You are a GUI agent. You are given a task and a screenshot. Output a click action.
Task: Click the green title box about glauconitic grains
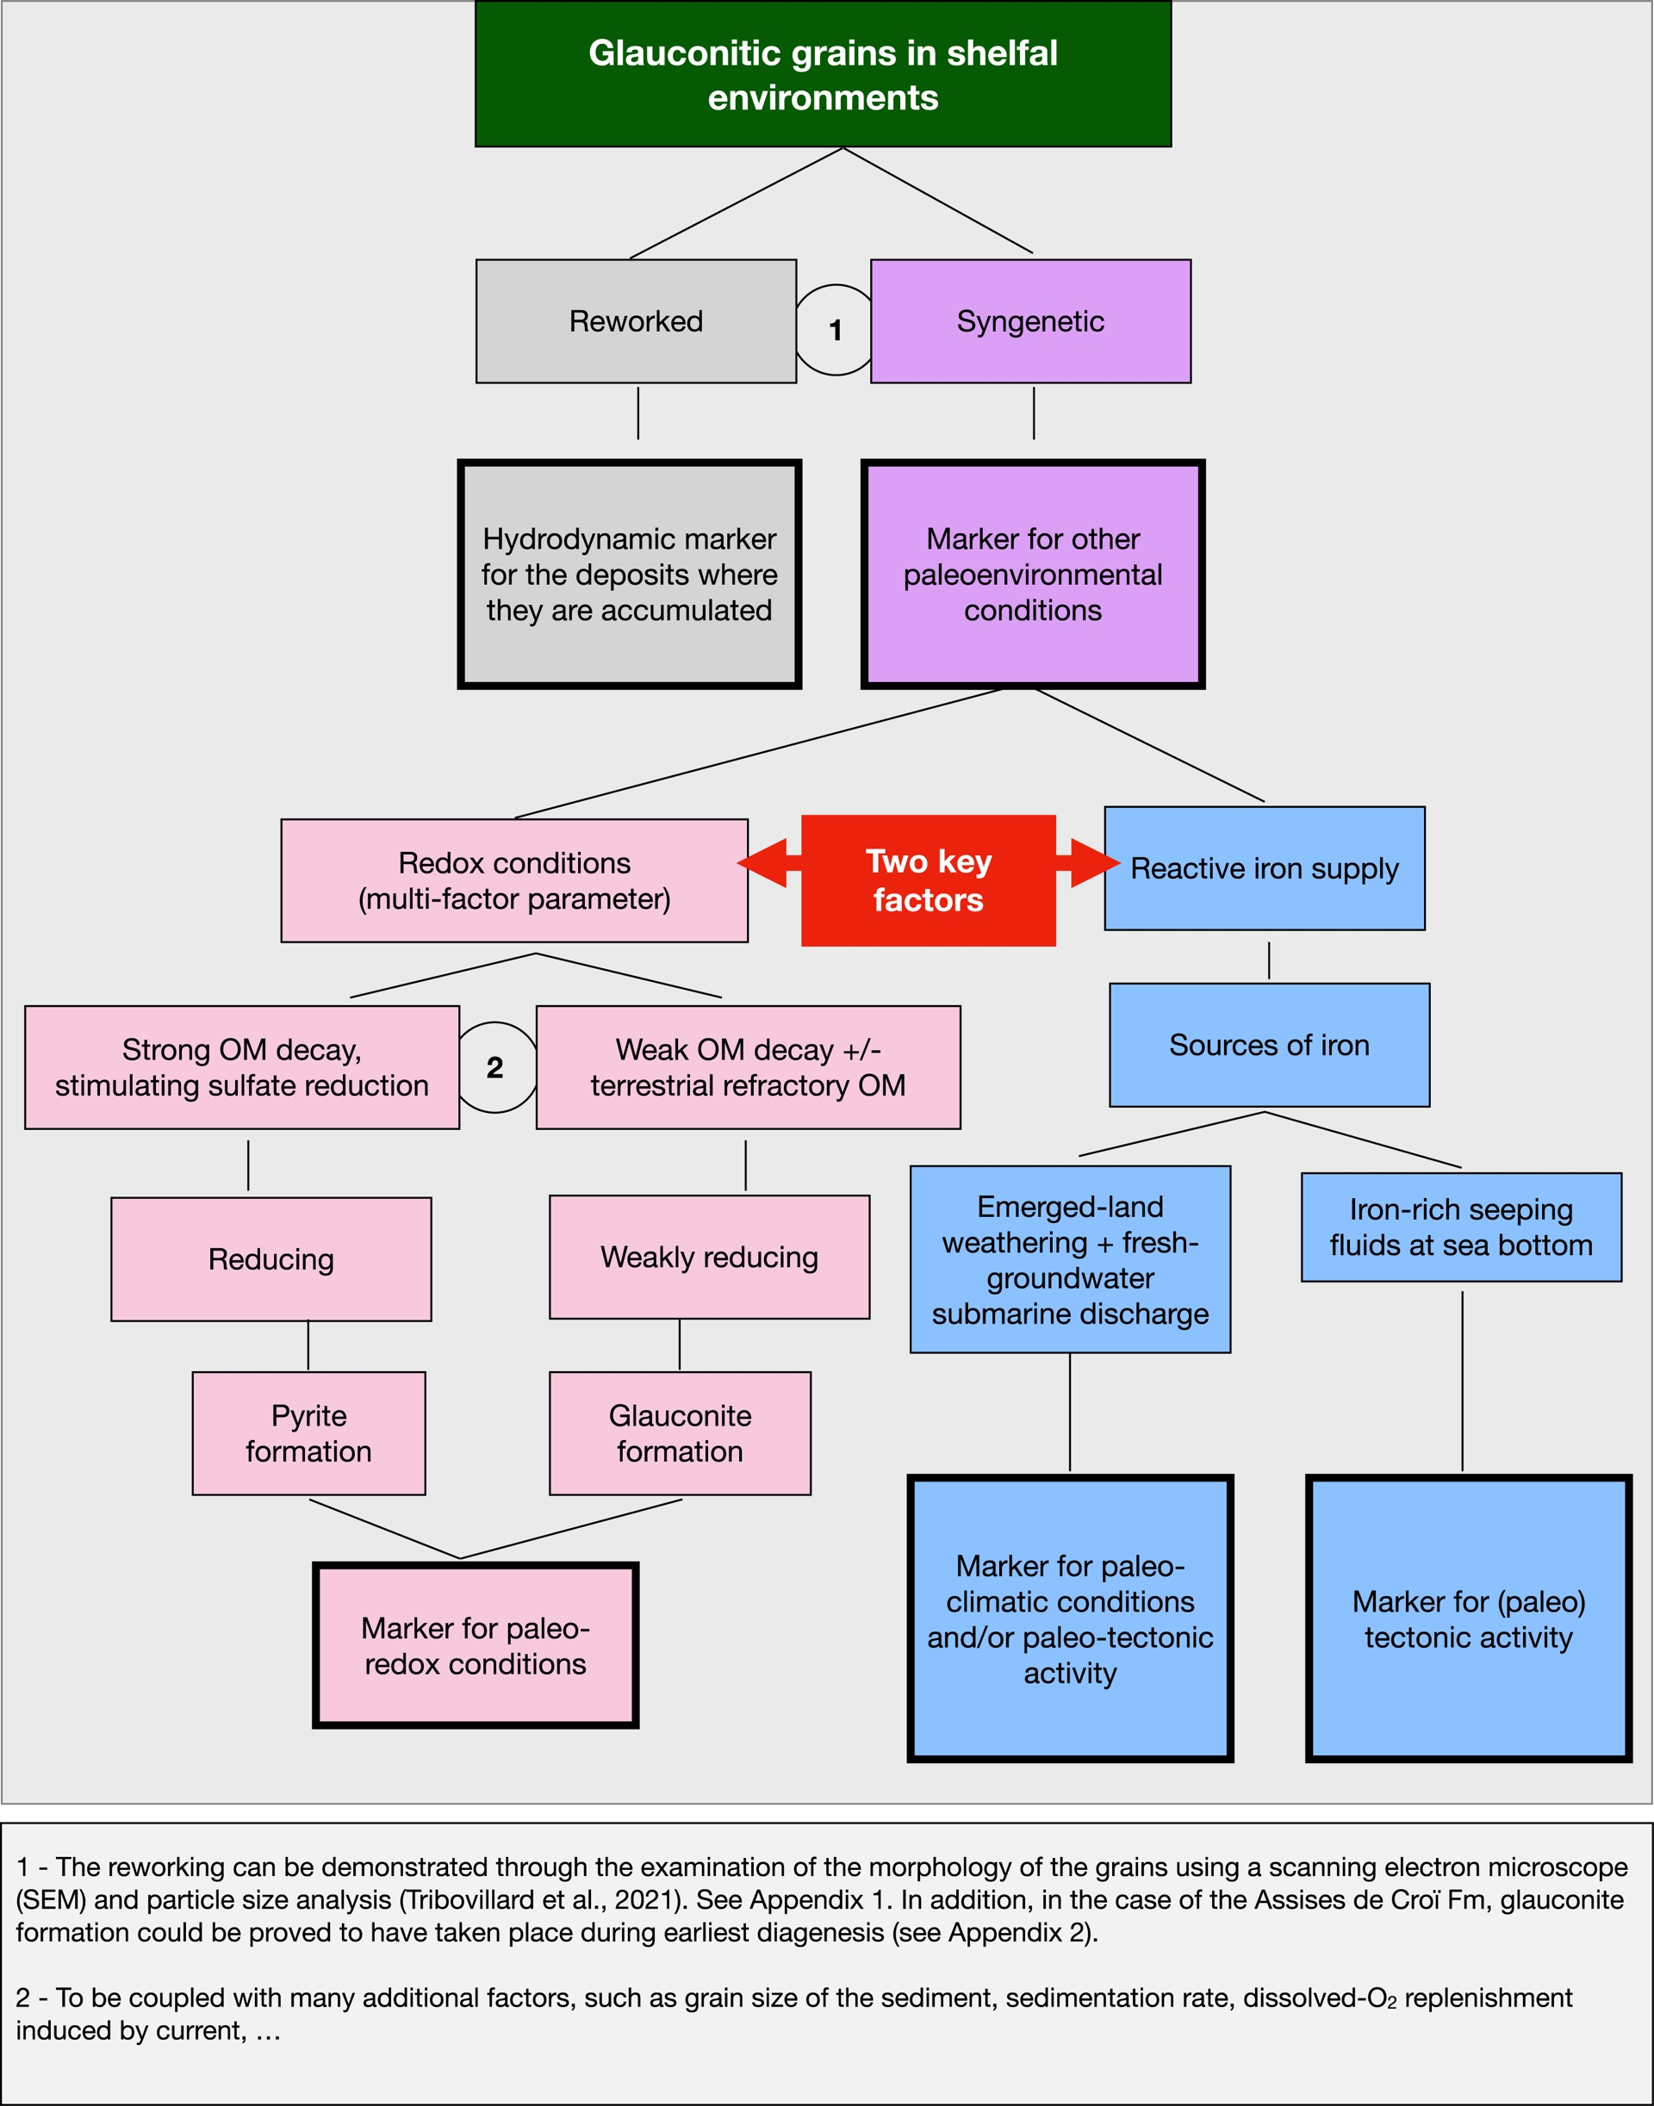pos(824,73)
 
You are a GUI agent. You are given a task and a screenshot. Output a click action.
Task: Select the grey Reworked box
pos(637,321)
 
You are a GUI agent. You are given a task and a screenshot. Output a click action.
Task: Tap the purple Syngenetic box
pos(1030,321)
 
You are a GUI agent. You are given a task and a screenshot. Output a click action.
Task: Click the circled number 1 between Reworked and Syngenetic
pos(835,330)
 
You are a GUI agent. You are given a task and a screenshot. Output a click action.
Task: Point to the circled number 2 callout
pos(494,1067)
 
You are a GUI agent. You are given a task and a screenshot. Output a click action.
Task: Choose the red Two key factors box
pos(929,880)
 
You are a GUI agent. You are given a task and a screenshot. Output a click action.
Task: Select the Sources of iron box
pos(1269,1045)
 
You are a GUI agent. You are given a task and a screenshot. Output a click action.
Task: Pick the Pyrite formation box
pos(309,1433)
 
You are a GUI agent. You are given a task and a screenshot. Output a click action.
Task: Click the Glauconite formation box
pos(680,1433)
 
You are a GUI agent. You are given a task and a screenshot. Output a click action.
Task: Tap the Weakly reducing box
pos(709,1257)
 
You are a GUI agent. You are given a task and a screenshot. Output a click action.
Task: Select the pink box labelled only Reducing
pos(271,1258)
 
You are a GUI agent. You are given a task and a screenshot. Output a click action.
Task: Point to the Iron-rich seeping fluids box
pos(1461,1227)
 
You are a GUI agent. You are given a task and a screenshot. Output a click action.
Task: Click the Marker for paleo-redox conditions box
pos(476,1645)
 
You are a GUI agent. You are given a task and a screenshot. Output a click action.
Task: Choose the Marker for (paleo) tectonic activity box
pos(1469,1619)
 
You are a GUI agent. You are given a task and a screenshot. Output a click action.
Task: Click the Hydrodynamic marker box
pos(630,575)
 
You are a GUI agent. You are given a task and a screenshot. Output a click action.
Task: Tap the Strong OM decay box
pos(242,1067)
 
